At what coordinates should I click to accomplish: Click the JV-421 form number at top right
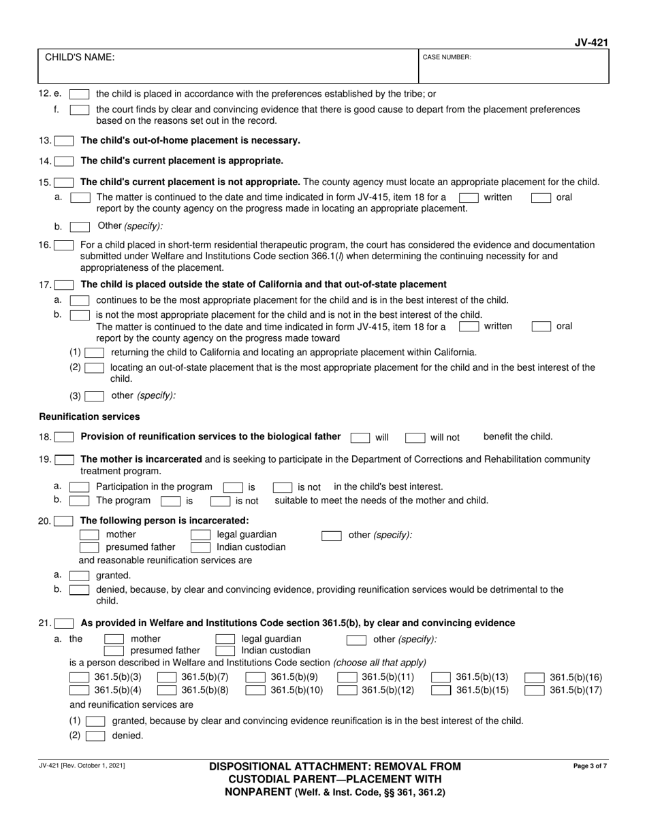(x=590, y=43)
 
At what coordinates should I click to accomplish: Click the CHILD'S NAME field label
(x=80, y=57)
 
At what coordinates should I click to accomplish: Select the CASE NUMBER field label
(x=447, y=58)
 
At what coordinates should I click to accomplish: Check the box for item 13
(x=65, y=141)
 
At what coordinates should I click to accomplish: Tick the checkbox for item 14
(x=65, y=161)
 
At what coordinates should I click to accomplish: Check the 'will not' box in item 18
(x=415, y=438)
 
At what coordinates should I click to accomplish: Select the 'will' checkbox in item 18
(x=360, y=438)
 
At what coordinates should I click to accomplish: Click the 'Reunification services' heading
(x=89, y=416)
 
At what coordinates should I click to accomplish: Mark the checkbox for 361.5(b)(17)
(x=535, y=691)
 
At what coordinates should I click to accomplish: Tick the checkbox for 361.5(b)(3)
(x=80, y=677)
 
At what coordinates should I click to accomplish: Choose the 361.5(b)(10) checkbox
(x=255, y=691)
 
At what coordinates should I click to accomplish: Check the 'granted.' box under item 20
(x=80, y=576)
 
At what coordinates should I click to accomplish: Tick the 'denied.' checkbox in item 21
(x=95, y=736)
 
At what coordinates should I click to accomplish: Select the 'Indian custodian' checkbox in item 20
(x=200, y=547)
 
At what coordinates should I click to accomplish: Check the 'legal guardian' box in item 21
(x=225, y=639)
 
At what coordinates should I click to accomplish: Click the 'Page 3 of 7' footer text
(x=590, y=766)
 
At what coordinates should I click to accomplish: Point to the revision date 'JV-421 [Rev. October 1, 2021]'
(x=82, y=766)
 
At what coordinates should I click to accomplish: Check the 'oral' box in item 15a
(x=541, y=198)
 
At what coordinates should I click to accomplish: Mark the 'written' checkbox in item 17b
(x=469, y=327)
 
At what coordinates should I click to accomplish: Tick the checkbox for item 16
(x=65, y=245)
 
